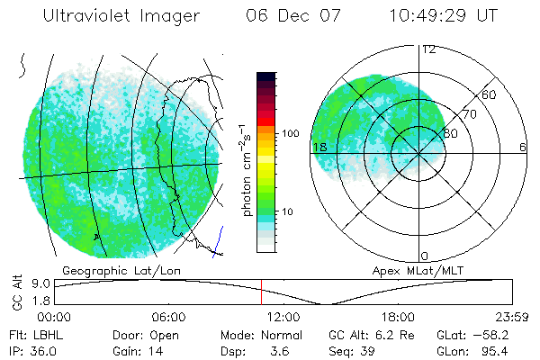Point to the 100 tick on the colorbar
tap(291, 133)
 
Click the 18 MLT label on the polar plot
tap(319, 147)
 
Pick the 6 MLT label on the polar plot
tap(522, 147)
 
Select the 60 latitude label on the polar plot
tap(490, 94)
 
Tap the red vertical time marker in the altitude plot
tap(261, 291)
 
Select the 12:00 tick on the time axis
tap(283, 317)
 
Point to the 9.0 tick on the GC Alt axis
tap(36, 282)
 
